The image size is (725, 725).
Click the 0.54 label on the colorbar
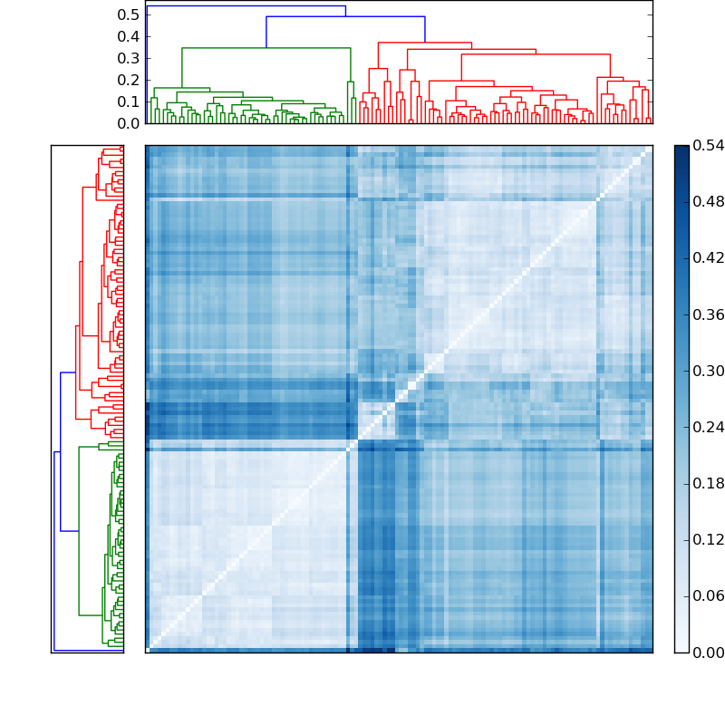coord(708,146)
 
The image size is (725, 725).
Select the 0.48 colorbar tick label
coord(708,202)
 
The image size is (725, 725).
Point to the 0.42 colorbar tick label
coord(708,258)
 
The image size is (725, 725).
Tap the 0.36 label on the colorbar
coord(708,314)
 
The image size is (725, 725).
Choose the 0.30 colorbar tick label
coord(708,371)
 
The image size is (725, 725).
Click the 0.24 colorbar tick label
coord(708,427)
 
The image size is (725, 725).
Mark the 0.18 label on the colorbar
coord(708,483)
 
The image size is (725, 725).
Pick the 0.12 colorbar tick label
coord(708,540)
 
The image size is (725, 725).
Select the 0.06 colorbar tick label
coord(708,596)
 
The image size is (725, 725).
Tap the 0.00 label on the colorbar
coord(708,652)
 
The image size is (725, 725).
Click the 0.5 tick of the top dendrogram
coord(128,15)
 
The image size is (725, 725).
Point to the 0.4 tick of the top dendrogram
coord(128,37)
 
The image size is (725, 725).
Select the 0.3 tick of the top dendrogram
coord(128,58)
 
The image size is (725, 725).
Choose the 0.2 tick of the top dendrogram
coord(128,80)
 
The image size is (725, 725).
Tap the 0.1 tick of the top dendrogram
coord(128,101)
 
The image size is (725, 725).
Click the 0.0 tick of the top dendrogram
coord(128,122)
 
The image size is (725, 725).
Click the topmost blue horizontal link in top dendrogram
coord(245,6)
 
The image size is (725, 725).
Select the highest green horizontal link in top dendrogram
coord(266,48)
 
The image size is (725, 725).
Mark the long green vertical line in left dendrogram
coord(79,530)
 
